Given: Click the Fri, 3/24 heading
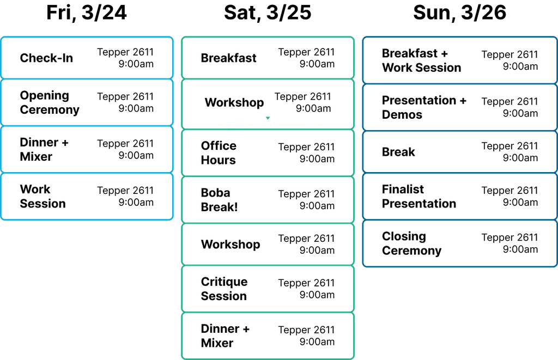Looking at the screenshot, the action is [87, 13].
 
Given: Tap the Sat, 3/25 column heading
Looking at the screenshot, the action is [268, 13].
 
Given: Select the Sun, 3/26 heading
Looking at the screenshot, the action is [459, 13].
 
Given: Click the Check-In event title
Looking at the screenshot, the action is [46, 58].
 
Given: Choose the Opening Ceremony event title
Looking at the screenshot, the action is [50, 102].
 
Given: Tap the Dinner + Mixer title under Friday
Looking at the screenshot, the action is [44, 149].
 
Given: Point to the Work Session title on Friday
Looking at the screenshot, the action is [43, 197].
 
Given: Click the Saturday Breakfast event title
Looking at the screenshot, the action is [228, 58].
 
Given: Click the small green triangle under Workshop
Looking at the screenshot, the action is [268, 118].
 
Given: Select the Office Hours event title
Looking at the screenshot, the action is [219, 153].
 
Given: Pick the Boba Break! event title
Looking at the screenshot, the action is [219, 200].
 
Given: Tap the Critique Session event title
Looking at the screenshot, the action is [224, 289].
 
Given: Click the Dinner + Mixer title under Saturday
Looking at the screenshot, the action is [225, 336].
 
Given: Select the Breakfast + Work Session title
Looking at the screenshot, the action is [421, 60].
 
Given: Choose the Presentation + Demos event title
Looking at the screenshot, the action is [424, 107].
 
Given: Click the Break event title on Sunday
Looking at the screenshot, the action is [398, 152].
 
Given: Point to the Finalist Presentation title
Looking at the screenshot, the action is [419, 197].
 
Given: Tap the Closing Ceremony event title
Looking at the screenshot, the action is [411, 243].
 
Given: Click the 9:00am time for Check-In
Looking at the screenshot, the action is [136, 64].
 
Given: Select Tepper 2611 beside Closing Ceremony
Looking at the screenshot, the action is [510, 237].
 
